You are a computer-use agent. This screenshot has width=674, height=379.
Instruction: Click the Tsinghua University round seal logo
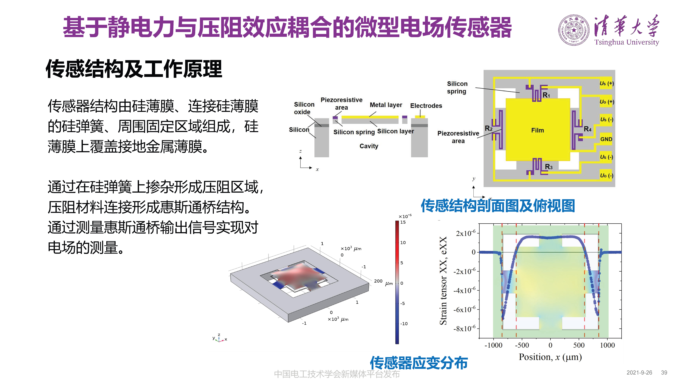(x=574, y=30)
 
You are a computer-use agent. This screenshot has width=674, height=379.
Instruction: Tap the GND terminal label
(x=606, y=139)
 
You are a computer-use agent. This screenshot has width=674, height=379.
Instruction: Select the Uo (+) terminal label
(x=607, y=102)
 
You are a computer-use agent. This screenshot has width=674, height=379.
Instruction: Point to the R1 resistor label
(x=546, y=95)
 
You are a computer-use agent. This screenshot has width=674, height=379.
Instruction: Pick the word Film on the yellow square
(x=537, y=130)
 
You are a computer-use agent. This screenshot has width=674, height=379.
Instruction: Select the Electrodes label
(x=426, y=106)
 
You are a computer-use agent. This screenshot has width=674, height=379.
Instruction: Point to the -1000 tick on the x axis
(x=493, y=345)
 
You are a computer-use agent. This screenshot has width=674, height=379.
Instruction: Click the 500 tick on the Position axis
(x=579, y=345)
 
